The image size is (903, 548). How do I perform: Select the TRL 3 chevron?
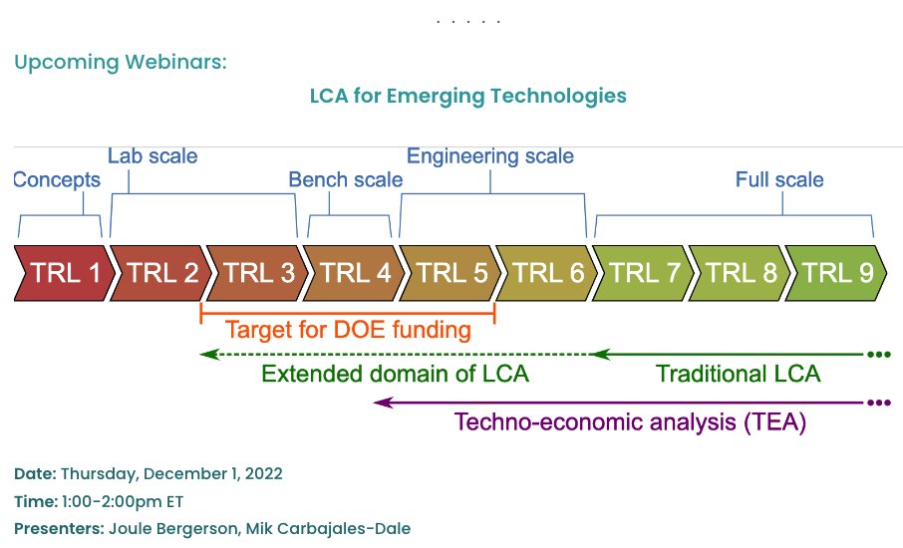tap(258, 272)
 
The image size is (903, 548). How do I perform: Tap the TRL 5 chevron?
tap(451, 272)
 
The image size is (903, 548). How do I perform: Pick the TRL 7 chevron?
tap(645, 272)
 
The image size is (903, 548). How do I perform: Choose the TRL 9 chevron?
tap(837, 272)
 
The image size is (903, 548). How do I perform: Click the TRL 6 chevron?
tap(547, 272)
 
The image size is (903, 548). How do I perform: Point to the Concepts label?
tap(57, 180)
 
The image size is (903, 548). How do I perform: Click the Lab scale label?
tap(152, 156)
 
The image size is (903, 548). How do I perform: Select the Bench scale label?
tap(346, 180)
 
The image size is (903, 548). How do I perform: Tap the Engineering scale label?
tap(490, 156)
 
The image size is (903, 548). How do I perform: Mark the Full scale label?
tap(779, 180)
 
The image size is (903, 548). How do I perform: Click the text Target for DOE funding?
tap(348, 330)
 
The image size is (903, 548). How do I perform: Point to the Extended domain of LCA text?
tap(395, 375)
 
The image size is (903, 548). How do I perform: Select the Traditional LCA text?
tap(739, 375)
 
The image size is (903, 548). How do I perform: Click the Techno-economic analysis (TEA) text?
tap(630, 421)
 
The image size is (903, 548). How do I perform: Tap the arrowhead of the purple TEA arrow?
tap(379, 403)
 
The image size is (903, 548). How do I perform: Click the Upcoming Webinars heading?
tap(121, 62)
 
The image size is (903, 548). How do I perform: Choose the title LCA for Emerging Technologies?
tap(467, 96)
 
